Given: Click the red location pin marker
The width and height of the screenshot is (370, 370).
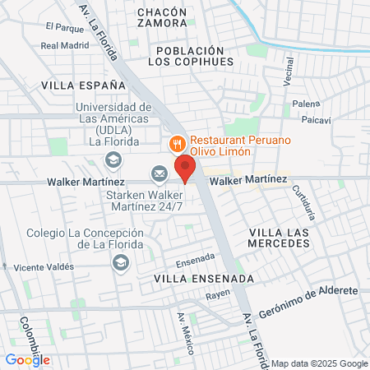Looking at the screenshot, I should point(186,167).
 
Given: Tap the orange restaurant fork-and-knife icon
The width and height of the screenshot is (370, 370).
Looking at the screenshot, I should point(177,145).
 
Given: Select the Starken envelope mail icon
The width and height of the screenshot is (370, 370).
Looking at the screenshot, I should point(158,173).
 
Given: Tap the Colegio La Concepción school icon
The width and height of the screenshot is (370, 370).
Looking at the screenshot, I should point(121,262).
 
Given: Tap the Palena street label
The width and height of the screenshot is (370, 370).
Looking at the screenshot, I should point(305,105).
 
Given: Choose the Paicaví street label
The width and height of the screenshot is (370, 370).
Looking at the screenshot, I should point(317,120).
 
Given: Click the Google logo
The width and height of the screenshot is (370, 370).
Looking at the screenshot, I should point(27,359).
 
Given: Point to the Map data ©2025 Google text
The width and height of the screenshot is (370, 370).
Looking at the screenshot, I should point(320,363).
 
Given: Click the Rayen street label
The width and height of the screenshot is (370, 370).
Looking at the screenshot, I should point(217,294).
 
